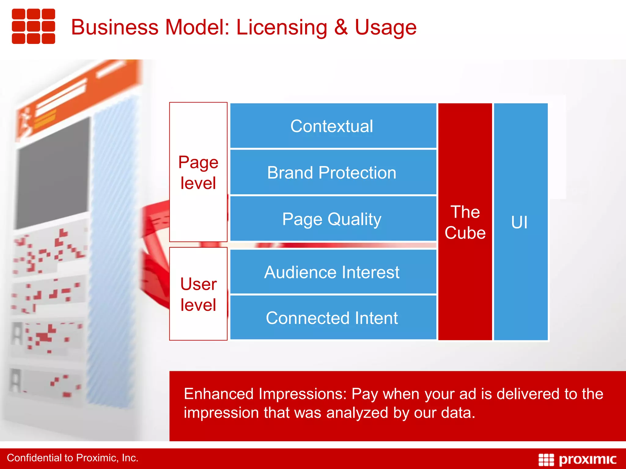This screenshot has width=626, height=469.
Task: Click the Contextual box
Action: coord(333,126)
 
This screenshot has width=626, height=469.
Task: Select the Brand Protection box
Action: coord(333,173)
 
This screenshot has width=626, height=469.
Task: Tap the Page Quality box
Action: coord(333,219)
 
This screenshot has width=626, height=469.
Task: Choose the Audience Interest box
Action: coord(333,272)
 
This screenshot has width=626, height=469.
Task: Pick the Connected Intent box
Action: coord(333,318)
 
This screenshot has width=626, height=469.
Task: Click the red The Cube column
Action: coord(465,222)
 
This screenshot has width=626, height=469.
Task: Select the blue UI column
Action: coord(520,222)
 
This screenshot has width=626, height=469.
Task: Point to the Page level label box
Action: coord(198,172)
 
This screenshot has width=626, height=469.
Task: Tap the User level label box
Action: coord(198,294)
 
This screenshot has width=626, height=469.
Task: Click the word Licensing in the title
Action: coord(282,27)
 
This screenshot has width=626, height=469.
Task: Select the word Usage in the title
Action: coord(385,27)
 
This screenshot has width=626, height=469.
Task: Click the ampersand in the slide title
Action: coord(341,27)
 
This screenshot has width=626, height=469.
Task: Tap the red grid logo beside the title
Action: coord(33,26)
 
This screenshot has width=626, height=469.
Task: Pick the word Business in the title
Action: coord(115,27)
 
